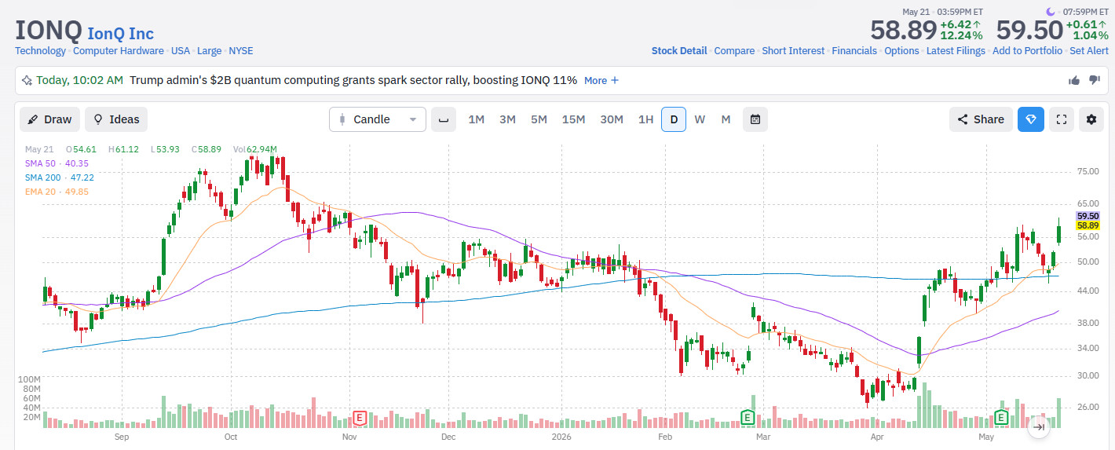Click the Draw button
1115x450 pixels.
[49, 119]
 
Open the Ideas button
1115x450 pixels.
[116, 119]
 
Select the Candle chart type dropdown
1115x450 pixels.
[378, 119]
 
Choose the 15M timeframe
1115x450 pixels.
[573, 119]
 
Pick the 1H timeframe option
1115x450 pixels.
[645, 119]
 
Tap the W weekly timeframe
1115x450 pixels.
[700, 119]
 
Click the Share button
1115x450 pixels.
[981, 119]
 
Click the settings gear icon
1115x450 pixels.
[1091, 119]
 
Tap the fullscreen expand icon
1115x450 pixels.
[1062, 119]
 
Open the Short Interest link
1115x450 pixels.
[793, 51]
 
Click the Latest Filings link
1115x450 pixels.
[956, 51]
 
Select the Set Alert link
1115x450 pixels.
[1089, 51]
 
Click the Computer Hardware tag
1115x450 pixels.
[119, 51]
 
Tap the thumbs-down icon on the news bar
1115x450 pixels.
[1095, 80]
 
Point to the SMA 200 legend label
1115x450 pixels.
[43, 177]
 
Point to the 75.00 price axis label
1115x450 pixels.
[1088, 172]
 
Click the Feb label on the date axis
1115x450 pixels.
[665, 437]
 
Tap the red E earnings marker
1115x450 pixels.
[360, 418]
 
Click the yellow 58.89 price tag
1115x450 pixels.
[1088, 225]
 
